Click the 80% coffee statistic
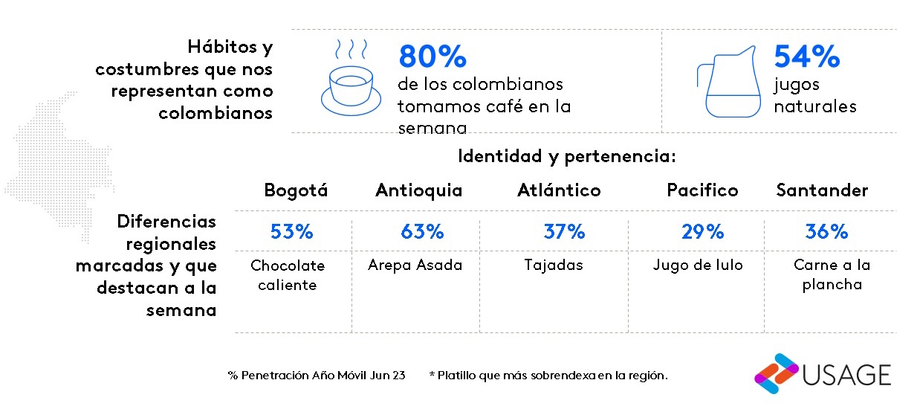433,57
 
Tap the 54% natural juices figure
806,57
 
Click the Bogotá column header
296,190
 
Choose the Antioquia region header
418,190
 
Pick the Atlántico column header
559,190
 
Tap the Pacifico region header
702,190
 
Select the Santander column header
822,190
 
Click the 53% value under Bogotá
291,232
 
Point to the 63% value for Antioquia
422,232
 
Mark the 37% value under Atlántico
564,232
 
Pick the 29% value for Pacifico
702,232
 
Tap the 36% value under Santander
826,232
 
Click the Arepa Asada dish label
415,265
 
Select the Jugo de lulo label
697,265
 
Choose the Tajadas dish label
553,265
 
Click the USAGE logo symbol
776,373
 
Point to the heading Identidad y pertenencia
566,157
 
